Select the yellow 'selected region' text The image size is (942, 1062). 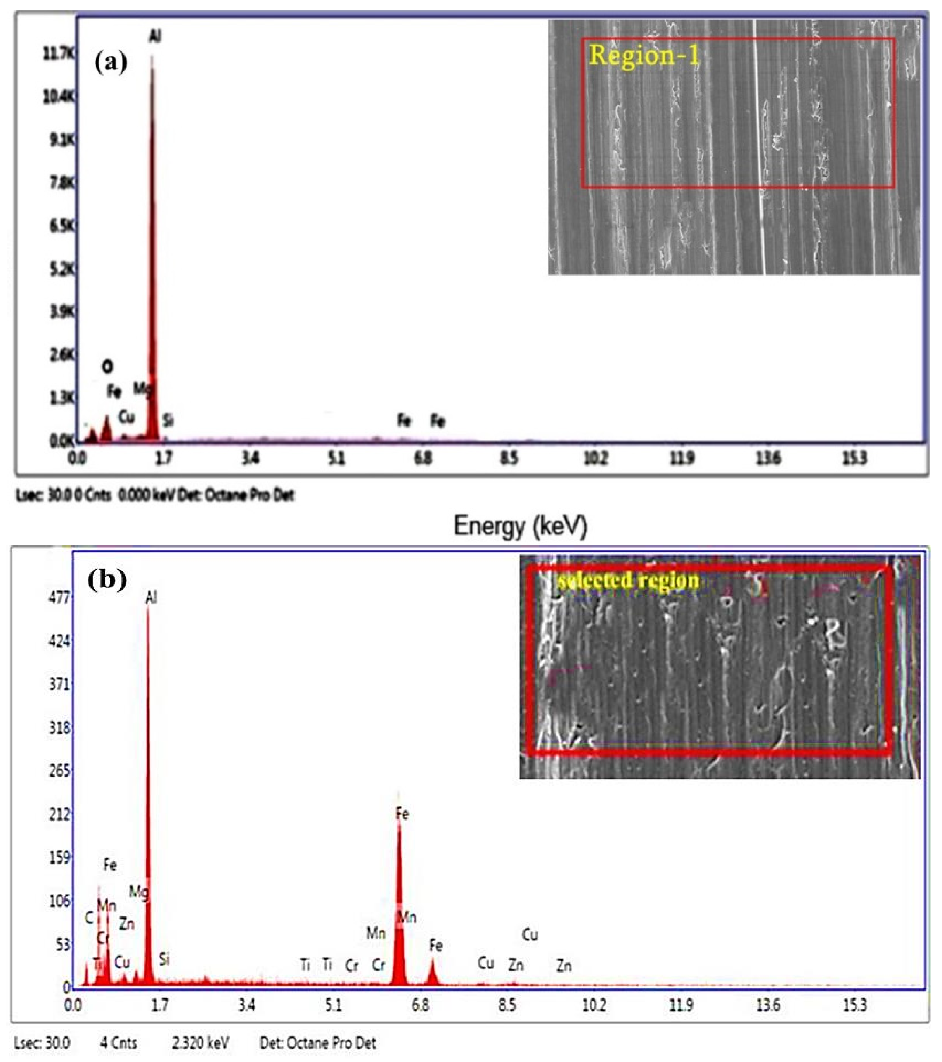[628, 580]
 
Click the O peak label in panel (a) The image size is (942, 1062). [107, 367]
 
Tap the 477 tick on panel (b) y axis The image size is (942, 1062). [57, 598]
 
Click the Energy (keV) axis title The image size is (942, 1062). [520, 526]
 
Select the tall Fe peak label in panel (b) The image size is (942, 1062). [402, 814]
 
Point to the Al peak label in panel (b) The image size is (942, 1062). [151, 598]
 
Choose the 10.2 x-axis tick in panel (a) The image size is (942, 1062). [595, 459]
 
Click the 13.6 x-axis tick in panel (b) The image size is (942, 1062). [768, 1005]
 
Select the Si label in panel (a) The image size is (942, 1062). [168, 420]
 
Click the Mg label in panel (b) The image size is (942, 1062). [139, 893]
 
